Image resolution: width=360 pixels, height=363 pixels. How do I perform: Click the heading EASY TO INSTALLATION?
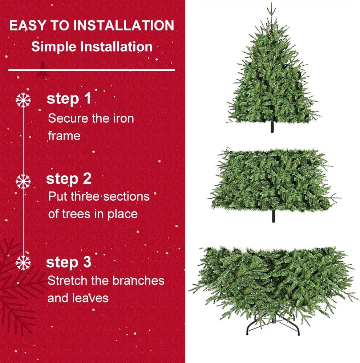[x=92, y=26]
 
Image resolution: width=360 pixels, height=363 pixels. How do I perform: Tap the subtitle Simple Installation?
[x=92, y=47]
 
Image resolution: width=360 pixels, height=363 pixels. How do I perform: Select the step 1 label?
[x=69, y=99]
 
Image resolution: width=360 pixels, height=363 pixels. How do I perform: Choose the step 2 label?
[x=69, y=179]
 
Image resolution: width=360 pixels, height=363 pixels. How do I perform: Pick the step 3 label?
[x=69, y=262]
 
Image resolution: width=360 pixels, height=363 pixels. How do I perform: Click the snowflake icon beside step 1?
[x=24, y=100]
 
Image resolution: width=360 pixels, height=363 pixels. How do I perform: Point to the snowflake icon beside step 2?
[x=24, y=180]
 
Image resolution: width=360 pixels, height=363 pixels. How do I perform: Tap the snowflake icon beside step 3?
[x=24, y=262]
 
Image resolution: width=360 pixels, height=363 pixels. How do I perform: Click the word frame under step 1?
[x=64, y=136]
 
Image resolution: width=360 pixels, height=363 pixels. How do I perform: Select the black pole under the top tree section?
[x=272, y=128]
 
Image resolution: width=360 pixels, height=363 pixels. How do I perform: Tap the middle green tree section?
[x=273, y=180]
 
